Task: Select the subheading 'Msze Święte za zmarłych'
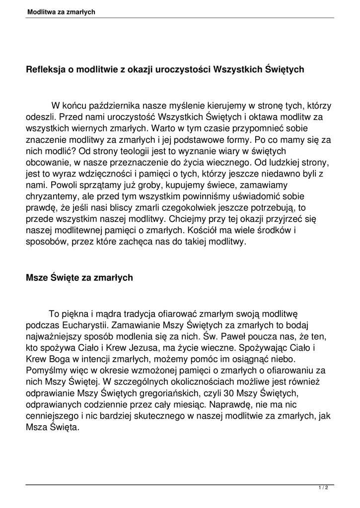79,278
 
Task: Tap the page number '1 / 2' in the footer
323,488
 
